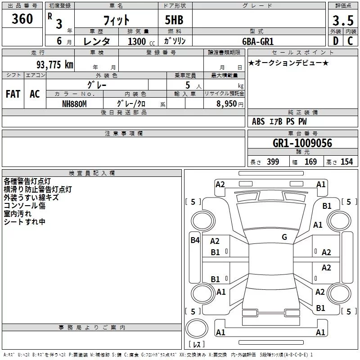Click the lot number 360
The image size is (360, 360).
tap(22, 18)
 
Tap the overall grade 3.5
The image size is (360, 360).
tap(343, 20)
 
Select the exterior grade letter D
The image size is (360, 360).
tap(336, 41)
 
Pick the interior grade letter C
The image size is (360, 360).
tap(350, 41)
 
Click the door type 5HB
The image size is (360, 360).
tap(174, 20)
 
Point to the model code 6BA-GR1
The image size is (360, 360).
tap(258, 41)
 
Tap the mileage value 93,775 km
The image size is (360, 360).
tap(55, 65)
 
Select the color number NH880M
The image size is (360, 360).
tap(74, 104)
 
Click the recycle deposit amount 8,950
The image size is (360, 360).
tap(226, 104)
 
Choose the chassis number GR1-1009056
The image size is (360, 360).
tap(302, 143)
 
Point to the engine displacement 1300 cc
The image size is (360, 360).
tap(141, 41)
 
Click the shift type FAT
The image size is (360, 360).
tap(13, 94)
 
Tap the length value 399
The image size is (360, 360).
tap(273, 162)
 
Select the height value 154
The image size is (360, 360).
tap(346, 162)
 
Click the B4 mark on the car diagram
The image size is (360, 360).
tap(195, 240)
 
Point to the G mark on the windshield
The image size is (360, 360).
tap(284, 237)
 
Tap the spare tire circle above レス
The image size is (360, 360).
tap(197, 328)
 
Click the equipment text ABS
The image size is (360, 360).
tap(258, 121)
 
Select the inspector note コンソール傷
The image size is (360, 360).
tap(25, 206)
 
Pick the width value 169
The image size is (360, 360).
tap(310, 162)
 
